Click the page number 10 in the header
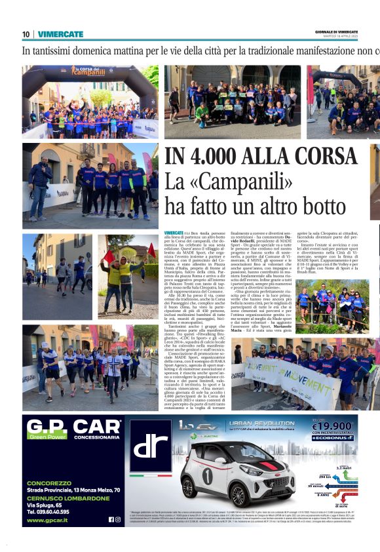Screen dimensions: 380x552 (26, 34)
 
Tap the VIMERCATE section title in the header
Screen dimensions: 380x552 (60, 34)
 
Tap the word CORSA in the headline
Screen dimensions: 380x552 (321, 157)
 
